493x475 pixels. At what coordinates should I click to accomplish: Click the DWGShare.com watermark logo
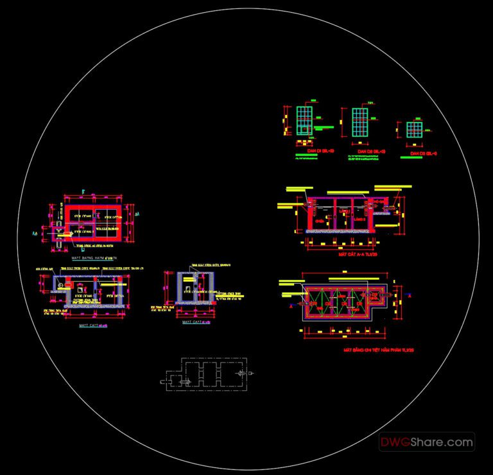pyautogui.click(x=426, y=442)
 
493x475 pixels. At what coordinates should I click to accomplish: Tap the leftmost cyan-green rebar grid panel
pyautogui.click(x=304, y=121)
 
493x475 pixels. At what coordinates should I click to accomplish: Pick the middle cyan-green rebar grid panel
pyautogui.click(x=361, y=122)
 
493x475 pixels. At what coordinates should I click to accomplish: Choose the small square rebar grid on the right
pyautogui.click(x=414, y=130)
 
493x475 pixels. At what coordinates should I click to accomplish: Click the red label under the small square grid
pyautogui.click(x=423, y=154)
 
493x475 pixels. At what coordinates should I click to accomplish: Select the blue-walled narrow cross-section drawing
pyautogui.click(x=193, y=288)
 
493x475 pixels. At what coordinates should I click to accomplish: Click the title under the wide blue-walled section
pyautogui.click(x=92, y=325)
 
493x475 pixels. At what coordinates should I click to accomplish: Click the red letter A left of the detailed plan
pyautogui.click(x=292, y=307)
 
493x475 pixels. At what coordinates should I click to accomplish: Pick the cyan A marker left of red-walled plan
pyautogui.click(x=33, y=235)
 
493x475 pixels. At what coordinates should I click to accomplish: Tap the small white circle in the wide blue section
pyautogui.click(x=64, y=282)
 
